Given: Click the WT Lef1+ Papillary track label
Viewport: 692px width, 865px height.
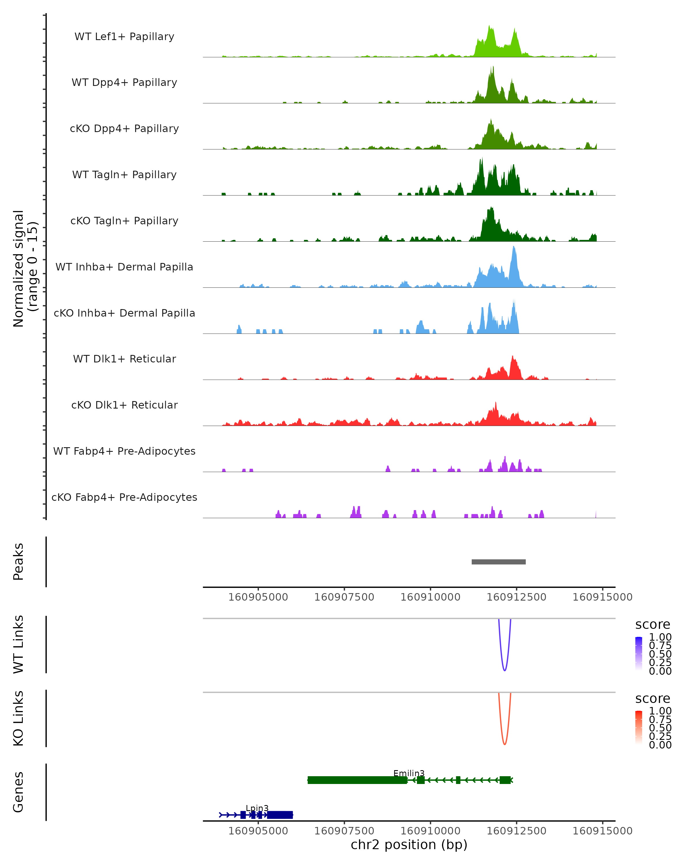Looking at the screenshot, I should (x=124, y=37).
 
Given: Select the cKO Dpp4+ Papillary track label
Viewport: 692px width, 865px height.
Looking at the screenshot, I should (x=124, y=129).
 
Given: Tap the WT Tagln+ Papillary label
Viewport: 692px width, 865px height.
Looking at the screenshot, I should (x=124, y=175).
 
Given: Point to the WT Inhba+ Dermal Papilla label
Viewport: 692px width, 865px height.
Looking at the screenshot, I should (x=124, y=267).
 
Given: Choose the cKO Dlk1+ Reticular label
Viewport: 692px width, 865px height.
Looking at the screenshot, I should (x=124, y=405).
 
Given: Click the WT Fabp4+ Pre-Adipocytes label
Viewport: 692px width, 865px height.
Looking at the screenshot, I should (x=124, y=451).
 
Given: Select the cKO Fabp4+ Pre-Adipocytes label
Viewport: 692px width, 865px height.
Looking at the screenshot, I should (x=124, y=497).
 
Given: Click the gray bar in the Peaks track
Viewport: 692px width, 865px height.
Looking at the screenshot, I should (x=498, y=562).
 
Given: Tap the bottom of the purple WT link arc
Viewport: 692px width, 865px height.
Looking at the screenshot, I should (x=504, y=670).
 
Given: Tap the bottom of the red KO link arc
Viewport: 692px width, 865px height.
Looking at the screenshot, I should (x=504, y=744).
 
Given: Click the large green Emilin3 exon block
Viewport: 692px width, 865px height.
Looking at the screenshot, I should (x=357, y=780).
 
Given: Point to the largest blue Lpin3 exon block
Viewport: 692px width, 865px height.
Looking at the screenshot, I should (x=280, y=815).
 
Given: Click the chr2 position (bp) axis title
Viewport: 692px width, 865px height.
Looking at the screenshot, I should (x=409, y=845).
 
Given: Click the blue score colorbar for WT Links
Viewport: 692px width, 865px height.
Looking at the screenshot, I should (x=639, y=654).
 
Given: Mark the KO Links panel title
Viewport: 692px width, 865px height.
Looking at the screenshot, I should (x=18, y=719).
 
